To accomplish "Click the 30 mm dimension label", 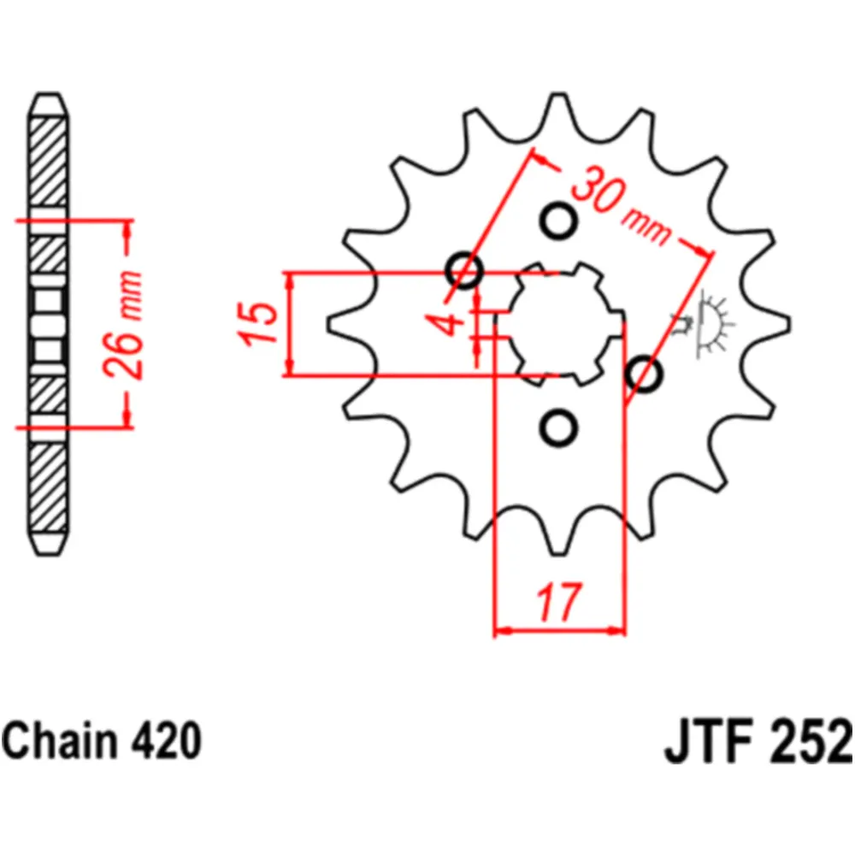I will (x=621, y=209).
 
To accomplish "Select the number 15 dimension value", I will (x=261, y=324).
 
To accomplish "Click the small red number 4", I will (x=454, y=324).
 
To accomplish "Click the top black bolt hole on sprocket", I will (x=560, y=221).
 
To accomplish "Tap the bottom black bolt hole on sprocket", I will (x=560, y=427).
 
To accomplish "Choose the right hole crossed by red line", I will (x=645, y=374).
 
